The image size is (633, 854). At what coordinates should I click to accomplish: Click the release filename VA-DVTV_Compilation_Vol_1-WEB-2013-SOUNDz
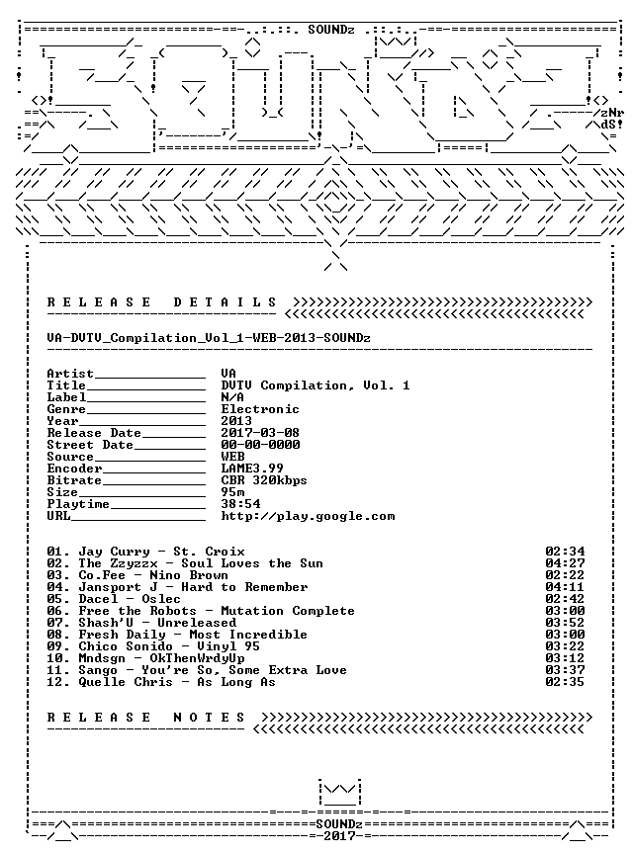click(209, 338)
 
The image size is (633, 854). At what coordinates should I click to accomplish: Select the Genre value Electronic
click(260, 409)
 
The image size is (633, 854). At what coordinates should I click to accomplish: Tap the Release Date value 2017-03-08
click(260, 433)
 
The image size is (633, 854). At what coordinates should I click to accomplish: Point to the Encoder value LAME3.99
click(252, 469)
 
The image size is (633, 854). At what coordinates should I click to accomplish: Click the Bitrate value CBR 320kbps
click(264, 480)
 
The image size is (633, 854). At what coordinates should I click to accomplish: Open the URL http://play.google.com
click(308, 516)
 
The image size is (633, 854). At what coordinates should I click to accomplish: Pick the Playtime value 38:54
click(240, 504)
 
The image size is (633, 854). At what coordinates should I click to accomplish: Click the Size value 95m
click(232, 492)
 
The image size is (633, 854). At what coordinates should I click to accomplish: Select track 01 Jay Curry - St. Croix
click(146, 552)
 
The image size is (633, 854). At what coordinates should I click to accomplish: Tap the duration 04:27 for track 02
click(565, 563)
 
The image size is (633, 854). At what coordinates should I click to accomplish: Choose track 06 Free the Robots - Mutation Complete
click(201, 611)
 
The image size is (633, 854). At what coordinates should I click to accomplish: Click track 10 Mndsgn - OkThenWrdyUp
click(146, 658)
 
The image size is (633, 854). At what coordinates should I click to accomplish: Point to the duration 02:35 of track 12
click(565, 682)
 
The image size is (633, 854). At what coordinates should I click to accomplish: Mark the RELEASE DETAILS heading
click(162, 302)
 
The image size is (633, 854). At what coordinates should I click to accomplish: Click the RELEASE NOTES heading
click(146, 718)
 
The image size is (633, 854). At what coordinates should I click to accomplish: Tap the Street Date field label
click(90, 445)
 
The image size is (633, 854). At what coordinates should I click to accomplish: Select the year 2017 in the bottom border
click(339, 836)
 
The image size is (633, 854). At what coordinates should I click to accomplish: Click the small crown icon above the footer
click(339, 793)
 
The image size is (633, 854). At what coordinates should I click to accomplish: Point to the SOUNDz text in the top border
click(331, 30)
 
